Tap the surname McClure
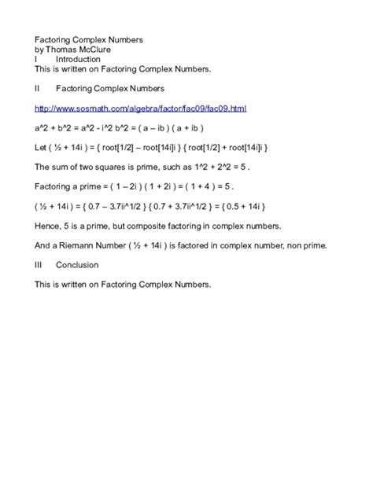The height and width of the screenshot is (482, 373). pyautogui.click(x=94, y=49)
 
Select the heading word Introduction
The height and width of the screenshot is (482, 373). pyautogui.click(x=79, y=59)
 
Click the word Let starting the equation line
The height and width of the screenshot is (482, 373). pyautogui.click(x=41, y=146)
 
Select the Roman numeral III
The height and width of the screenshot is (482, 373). pyautogui.click(x=39, y=266)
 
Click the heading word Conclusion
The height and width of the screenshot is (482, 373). pyautogui.click(x=78, y=266)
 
